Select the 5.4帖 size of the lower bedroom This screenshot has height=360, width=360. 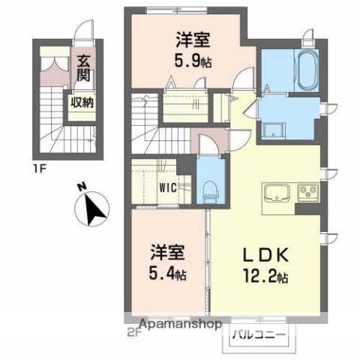(x=167, y=274)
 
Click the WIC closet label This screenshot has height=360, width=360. (x=166, y=188)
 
